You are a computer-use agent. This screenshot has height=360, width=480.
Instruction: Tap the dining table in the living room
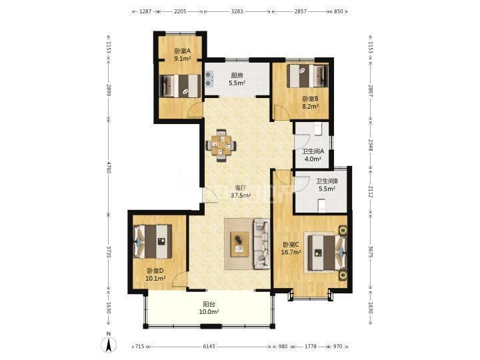221,145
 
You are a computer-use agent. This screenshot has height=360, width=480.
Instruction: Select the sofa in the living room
261,244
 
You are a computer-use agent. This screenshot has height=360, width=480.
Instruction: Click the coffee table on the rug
240,245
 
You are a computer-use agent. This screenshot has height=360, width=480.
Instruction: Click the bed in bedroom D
153,241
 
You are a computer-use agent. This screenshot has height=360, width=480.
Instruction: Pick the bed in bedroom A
180,86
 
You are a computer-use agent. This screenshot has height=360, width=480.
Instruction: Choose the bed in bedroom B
307,75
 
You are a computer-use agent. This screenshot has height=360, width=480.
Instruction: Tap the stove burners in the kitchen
209,79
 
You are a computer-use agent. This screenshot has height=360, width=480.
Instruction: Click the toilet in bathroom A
317,129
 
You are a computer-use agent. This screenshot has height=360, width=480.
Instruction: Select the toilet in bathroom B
321,205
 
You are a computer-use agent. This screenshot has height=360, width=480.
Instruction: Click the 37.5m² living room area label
241,195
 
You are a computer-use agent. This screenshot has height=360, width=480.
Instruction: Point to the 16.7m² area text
291,252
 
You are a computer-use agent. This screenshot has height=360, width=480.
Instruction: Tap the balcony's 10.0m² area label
209,312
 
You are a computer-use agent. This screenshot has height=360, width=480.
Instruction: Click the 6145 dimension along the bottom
209,347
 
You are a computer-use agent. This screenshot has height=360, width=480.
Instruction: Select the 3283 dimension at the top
237,11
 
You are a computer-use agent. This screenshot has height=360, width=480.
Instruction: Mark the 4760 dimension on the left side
108,167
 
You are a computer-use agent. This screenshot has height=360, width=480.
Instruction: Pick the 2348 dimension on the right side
370,145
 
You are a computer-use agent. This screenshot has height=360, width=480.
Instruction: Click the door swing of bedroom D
179,279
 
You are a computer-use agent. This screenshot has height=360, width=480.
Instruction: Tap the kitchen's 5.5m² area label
237,83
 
